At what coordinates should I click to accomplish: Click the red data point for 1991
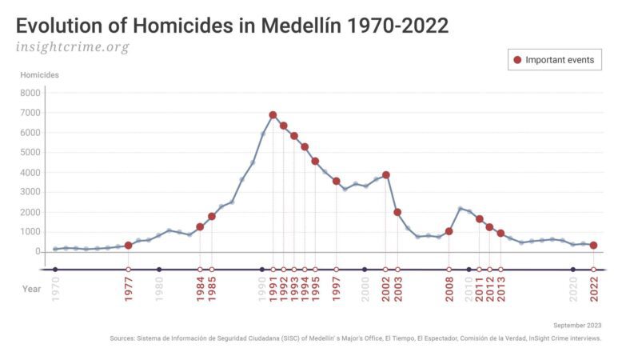tap(273, 115)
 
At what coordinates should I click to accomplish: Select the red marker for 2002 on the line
tap(386, 174)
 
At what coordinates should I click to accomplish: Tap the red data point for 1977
tap(128, 245)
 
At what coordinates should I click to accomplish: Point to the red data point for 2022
tap(593, 246)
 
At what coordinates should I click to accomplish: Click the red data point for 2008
tap(449, 231)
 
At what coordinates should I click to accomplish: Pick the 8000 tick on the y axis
tap(30, 93)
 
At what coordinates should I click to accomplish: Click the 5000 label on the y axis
tap(30, 152)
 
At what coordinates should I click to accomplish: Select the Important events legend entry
tap(555, 60)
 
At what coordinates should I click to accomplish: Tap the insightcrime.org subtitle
tap(72, 46)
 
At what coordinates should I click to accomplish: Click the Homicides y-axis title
tap(39, 75)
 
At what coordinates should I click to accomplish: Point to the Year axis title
tap(31, 289)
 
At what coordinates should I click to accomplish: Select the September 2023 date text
tap(577, 326)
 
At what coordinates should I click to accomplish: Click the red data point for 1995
tap(315, 161)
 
